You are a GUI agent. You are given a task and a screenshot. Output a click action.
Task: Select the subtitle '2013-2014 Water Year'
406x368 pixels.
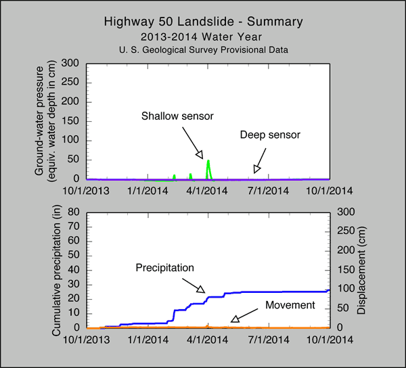pos(203,37)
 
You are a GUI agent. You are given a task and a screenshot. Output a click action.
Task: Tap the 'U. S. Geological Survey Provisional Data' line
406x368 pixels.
pos(203,51)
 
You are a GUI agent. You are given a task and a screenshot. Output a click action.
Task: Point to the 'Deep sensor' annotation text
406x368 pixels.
pos(269,135)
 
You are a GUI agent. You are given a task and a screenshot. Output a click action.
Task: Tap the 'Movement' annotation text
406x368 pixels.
pos(290,305)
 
